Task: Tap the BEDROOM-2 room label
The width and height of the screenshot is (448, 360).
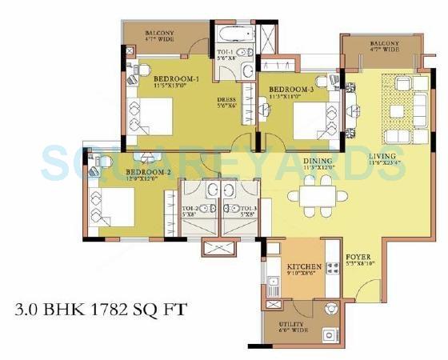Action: point(126,173)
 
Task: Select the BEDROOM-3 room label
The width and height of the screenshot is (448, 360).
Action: point(291,89)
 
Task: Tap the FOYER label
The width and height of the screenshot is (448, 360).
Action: point(358,258)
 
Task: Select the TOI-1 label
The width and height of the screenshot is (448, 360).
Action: point(225,50)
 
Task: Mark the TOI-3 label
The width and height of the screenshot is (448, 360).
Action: point(232,208)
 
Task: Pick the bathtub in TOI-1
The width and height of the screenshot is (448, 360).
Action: point(225,34)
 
